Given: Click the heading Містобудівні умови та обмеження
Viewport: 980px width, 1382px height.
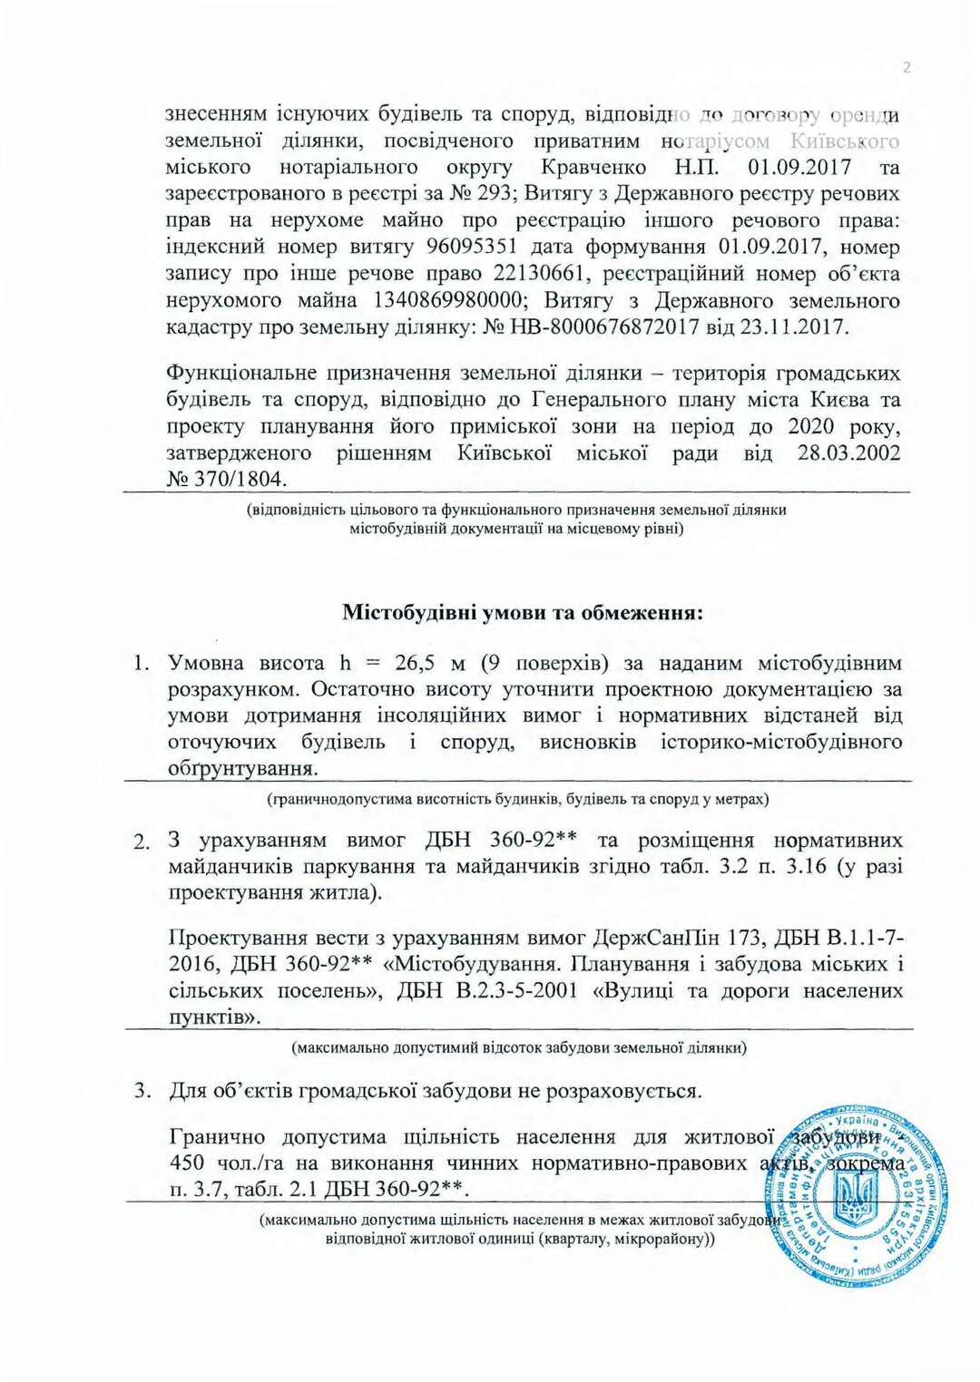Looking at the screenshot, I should (523, 612).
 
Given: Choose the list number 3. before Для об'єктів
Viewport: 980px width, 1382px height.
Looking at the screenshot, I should (142, 1091).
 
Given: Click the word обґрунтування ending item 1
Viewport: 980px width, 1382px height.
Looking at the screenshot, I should (242, 770).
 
